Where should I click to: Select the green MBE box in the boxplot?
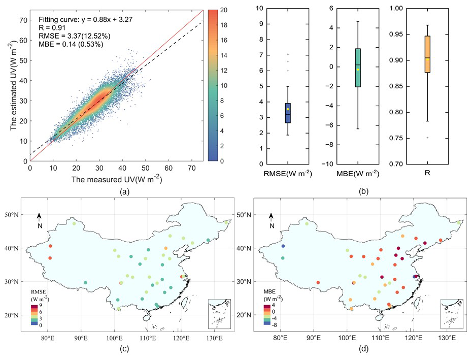358,68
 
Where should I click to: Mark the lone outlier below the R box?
428,138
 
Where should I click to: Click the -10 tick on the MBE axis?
330,164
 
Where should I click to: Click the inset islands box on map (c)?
219,314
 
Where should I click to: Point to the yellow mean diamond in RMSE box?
287,109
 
